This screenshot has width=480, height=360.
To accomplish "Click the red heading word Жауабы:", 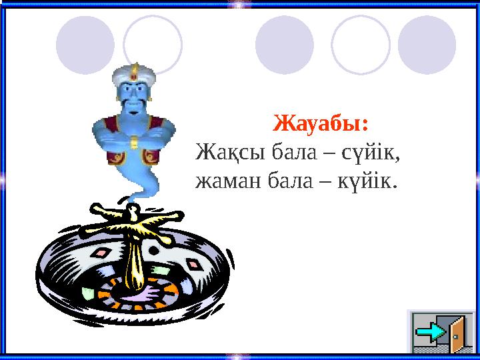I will coord(323,124).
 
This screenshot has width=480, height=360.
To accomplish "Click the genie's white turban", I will coord(134,81).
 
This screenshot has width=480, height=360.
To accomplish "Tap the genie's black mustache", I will coord(134,105).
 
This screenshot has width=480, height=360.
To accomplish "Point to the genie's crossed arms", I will coord(133,139).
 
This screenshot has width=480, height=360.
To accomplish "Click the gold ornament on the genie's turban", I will coord(134,69).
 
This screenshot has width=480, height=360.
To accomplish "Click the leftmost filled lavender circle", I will coord(85,45).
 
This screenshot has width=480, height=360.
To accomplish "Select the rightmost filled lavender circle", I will coord(427,45).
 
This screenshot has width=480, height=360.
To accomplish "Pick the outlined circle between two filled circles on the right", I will coord(360,45).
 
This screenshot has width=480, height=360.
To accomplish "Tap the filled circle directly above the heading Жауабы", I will coord(285,45).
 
